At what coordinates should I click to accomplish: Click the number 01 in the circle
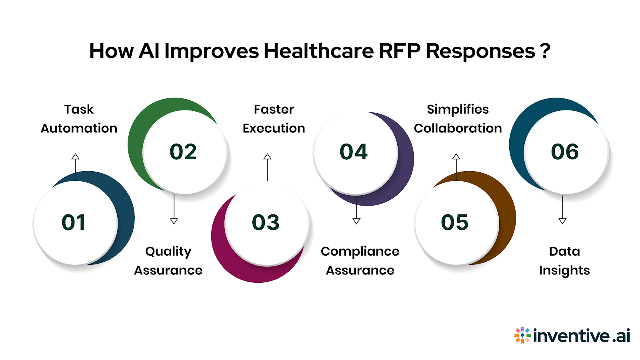(74, 222)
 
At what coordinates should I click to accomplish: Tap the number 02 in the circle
(183, 152)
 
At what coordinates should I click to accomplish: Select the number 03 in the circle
(266, 222)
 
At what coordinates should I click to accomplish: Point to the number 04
(354, 152)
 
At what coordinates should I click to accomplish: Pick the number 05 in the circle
(455, 222)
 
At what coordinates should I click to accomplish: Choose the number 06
(565, 152)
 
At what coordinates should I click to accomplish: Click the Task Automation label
(79, 119)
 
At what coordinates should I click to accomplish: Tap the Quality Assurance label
(168, 261)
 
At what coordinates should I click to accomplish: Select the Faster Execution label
(274, 119)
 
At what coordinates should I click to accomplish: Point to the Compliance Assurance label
(360, 261)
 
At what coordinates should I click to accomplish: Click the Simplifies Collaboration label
(458, 119)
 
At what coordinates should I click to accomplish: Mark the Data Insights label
(564, 261)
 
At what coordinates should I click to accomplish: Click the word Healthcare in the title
(318, 51)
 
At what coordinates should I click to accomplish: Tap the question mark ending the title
(545, 51)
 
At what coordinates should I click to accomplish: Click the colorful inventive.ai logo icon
(522, 335)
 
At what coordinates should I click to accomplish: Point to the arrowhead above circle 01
(75, 156)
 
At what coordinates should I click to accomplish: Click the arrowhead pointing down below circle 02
(174, 221)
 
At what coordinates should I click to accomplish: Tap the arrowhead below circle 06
(562, 221)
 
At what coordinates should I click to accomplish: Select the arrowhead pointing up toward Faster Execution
(268, 156)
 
